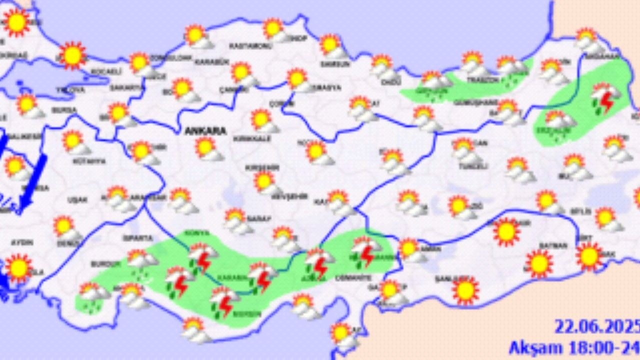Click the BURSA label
pyautogui.click(x=64, y=109)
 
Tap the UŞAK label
pyautogui.click(x=77, y=200)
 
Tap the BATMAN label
pyautogui.click(x=553, y=245)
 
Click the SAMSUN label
pyautogui.click(x=335, y=64)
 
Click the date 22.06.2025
pyautogui.click(x=596, y=327)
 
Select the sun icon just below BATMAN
pyautogui.click(x=539, y=263)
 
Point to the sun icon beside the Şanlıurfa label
pyautogui.click(x=465, y=290)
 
